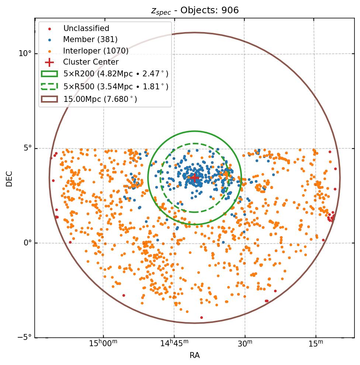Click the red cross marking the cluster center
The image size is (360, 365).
tap(194, 178)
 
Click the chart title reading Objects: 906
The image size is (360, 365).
tap(195, 10)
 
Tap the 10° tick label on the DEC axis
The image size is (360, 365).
tap(25, 54)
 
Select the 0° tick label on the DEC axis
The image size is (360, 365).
tap(28, 243)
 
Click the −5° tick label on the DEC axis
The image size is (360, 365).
tap(25, 337)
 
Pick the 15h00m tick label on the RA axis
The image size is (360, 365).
tap(103, 344)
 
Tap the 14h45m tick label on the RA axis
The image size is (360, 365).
tap(174, 344)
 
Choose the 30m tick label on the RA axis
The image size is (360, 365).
tap(245, 344)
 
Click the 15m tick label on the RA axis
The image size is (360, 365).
tap(315, 344)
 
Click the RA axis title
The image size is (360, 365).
tap(194, 355)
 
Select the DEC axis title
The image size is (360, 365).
tap(9, 178)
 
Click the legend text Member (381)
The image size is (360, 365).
tap(90, 39)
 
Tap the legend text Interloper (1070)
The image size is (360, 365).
tap(96, 51)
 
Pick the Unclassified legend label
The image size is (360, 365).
tap(86, 28)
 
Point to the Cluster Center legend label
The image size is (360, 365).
tap(91, 62)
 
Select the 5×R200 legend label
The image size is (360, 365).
tap(116, 74)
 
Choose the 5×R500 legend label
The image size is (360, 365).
tap(116, 86)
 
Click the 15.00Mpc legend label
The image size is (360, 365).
tap(100, 99)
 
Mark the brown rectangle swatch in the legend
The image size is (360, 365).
tap(49, 99)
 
